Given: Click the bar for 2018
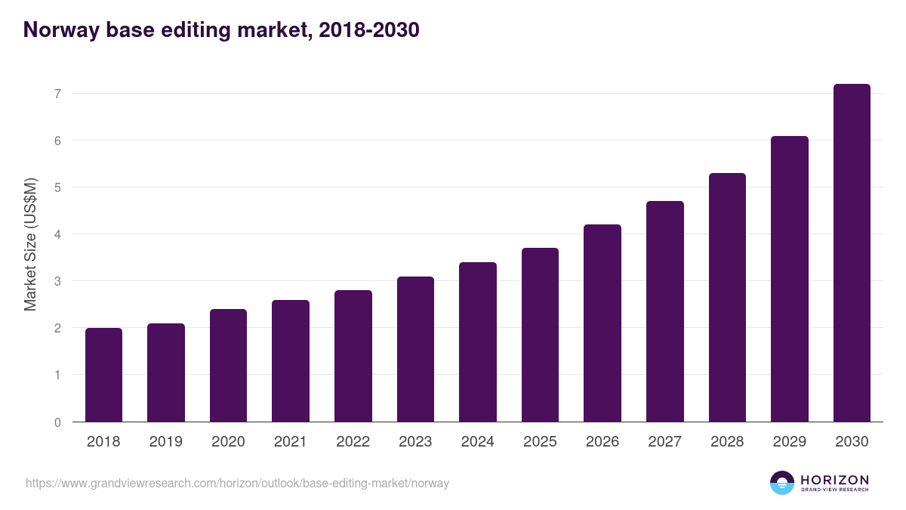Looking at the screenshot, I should pyautogui.click(x=103, y=375).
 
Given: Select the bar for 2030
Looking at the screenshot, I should pyautogui.click(x=852, y=253).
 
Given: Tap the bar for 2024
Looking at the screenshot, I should pyautogui.click(x=478, y=342).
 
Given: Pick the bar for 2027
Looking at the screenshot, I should pyautogui.click(x=665, y=311).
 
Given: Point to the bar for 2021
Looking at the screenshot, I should pyautogui.click(x=291, y=360).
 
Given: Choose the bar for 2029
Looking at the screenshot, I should pyautogui.click(x=790, y=279).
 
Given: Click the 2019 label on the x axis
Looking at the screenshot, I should pyautogui.click(x=166, y=442).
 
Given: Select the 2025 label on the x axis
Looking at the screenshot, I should pyautogui.click(x=540, y=442).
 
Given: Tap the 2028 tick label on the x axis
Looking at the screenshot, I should pyautogui.click(x=727, y=442).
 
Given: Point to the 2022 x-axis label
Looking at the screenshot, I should pyautogui.click(x=353, y=442).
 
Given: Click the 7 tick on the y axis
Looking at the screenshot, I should pyautogui.click(x=57, y=94).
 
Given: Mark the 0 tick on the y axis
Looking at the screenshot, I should pyautogui.click(x=57, y=422).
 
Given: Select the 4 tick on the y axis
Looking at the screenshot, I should pyautogui.click(x=57, y=234).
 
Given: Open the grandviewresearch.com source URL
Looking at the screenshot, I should pyautogui.click(x=237, y=483).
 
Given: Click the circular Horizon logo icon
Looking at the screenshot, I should pyautogui.click(x=782, y=483).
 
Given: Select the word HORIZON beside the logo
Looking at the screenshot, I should pyautogui.click(x=834, y=480).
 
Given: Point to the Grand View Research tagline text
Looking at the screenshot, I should pyautogui.click(x=834, y=490).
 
